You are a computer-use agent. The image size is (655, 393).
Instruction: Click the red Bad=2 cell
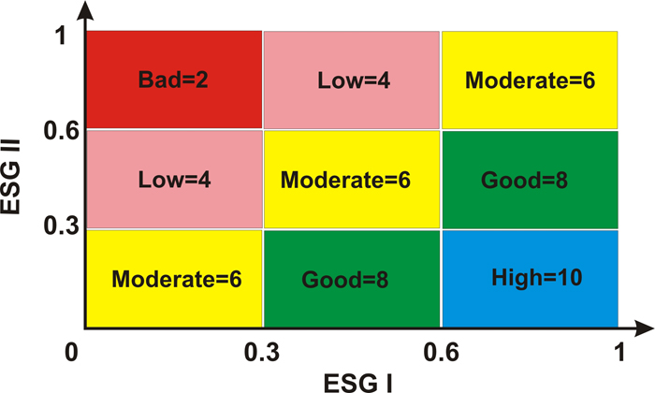[173, 80]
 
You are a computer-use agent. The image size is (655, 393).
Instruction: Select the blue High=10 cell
[530, 278]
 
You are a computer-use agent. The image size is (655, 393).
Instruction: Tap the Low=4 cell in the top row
[351, 80]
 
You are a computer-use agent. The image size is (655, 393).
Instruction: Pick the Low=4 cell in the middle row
[173, 178]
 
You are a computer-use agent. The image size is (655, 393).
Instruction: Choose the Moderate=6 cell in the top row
[530, 80]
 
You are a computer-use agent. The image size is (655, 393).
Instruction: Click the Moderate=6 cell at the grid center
[351, 178]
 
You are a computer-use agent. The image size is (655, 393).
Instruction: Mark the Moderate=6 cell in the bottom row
[173, 278]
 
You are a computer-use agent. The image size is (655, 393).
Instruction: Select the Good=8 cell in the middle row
[530, 178]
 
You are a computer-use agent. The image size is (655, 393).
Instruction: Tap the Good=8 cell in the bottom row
[351, 278]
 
